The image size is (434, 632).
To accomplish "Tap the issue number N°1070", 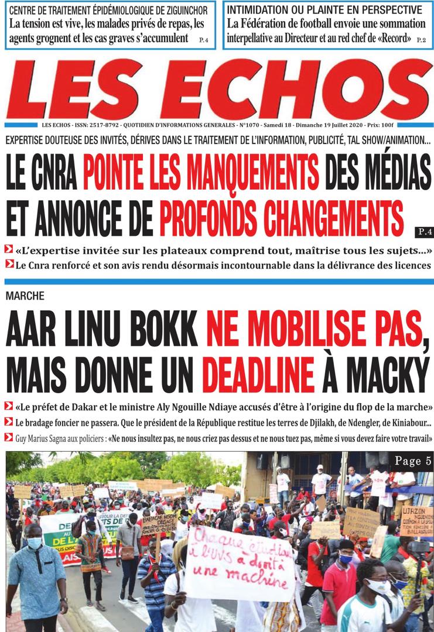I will coord(251,126).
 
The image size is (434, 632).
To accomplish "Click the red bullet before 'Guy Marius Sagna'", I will coord(8,437).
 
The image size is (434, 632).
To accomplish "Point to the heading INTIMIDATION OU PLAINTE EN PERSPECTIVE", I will coord(324,10).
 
